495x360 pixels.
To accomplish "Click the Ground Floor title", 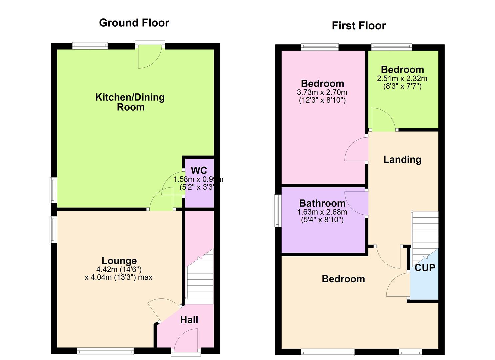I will pos(134,23).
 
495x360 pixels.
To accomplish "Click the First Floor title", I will pos(359,26).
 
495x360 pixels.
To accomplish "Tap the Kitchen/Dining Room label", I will pos(130,102).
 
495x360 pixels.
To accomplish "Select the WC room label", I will pos(199,171).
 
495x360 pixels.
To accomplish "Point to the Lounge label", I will pos(119,261).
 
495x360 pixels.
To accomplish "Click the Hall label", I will pos(189,320).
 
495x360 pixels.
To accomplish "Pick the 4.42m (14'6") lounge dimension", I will pos(119,269).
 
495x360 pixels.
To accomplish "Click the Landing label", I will pos(402,159).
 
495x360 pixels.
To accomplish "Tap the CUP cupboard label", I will pos(425,268).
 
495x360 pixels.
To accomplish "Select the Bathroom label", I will pos(322,203).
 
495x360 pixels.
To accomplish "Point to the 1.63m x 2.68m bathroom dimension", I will pos(322,212).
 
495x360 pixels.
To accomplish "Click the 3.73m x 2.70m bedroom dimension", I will pos(322,92).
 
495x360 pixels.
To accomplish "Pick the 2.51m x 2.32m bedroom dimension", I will pos(402,79).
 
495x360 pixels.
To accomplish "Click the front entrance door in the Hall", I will pos(186,341).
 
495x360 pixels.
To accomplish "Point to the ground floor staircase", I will pos(199,280).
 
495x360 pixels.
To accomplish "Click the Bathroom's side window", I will pos(277,211).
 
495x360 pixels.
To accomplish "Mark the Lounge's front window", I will pos(105,351).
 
